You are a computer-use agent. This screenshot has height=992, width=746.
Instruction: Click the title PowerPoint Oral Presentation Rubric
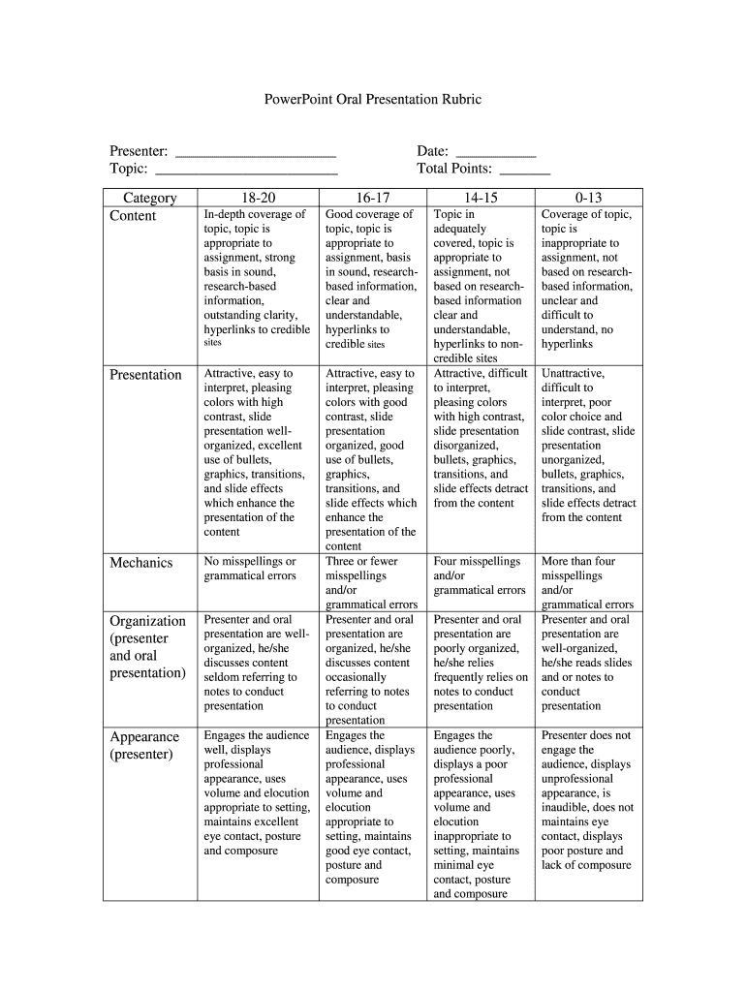pos(373,100)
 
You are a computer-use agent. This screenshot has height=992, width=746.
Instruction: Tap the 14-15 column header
pos(481,198)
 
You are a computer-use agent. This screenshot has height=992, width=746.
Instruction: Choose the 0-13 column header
pos(588,198)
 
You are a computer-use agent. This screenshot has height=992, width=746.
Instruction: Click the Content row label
pos(133,216)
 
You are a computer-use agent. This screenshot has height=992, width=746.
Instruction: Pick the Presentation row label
pos(145,375)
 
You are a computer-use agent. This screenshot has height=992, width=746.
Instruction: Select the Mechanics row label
pos(141,563)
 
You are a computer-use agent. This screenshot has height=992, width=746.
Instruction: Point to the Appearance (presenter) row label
pos(144,745)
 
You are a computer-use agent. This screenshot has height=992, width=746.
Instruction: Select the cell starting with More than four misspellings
pos(587,582)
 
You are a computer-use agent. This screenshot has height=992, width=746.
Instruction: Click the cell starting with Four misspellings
pos(480,575)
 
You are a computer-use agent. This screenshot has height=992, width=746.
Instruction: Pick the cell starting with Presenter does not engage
pos(587,800)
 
